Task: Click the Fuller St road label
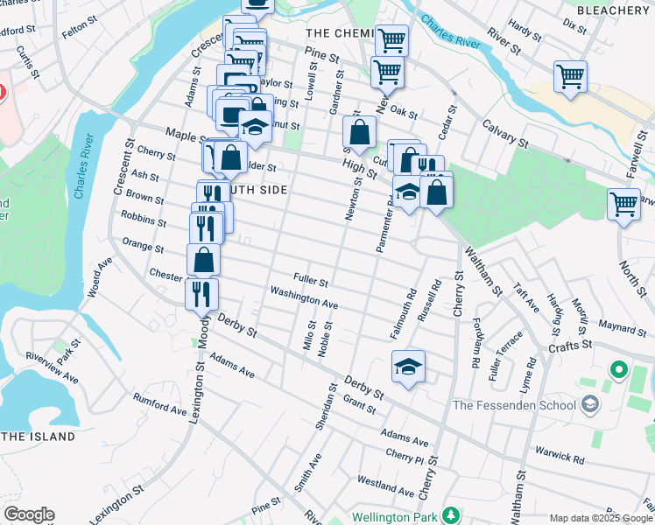point(310,282)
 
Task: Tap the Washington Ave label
point(303,297)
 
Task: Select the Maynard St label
point(622,326)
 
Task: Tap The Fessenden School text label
point(514,404)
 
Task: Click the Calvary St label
point(505,133)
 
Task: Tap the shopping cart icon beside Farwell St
point(623,205)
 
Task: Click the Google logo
point(28,514)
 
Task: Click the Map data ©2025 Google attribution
point(601,518)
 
